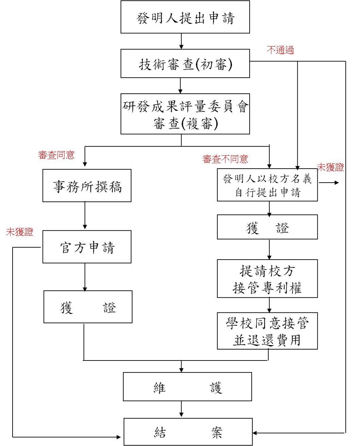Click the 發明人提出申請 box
click(185, 17)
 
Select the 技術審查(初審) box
click(185, 63)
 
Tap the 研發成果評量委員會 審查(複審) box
click(185, 114)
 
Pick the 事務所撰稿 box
click(87, 186)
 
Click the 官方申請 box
click(87, 247)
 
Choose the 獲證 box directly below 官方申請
click(88, 307)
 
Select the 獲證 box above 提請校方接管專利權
click(267, 227)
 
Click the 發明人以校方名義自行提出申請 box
click(267, 185)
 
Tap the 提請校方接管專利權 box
click(267, 279)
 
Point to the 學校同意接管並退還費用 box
click(267, 331)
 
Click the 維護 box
click(187, 386)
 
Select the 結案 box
click(188, 432)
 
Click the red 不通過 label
click(280, 50)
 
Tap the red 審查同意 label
click(56, 155)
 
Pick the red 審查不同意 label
click(225, 159)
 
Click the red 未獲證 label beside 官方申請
click(20, 232)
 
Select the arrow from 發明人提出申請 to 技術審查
click(181, 41)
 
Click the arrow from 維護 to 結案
click(181, 409)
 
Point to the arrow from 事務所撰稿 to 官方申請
click(85, 216)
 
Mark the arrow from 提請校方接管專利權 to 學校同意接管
click(269, 305)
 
